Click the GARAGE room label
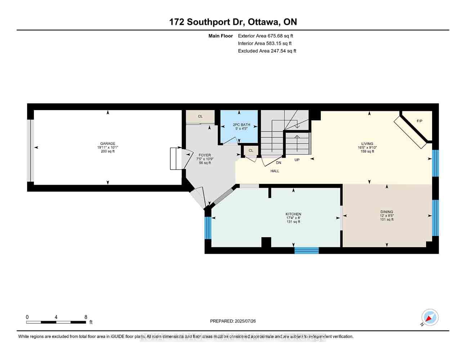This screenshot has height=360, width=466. [108, 144]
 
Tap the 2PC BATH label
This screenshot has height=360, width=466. [239, 125]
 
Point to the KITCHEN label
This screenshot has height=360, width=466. [293, 214]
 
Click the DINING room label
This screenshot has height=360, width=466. [387, 212]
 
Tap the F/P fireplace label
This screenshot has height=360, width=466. [420, 121]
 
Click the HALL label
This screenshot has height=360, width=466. [275, 171]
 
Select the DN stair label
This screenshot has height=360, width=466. [278, 163]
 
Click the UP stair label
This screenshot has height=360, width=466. [297, 160]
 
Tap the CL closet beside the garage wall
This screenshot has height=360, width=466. [200, 117]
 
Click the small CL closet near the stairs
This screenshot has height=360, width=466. [251, 150]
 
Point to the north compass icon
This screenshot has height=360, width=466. [430, 318]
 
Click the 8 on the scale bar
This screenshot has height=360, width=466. [86, 317]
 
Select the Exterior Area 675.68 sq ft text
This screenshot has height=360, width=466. [265, 36]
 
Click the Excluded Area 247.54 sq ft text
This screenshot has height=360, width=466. [267, 51]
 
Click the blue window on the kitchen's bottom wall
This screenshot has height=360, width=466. [306, 250]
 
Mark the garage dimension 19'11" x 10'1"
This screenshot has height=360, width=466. [108, 148]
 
